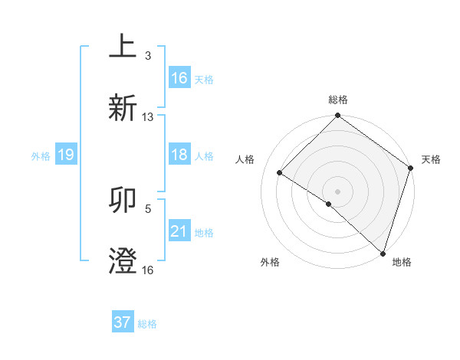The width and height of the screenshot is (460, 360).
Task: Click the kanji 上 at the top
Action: pyautogui.click(x=123, y=47)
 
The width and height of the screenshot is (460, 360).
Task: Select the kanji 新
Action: pyautogui.click(x=123, y=107)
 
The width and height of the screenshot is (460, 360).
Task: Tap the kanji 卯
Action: pyautogui.click(x=123, y=201)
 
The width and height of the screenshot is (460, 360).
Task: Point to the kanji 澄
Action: pyautogui.click(x=123, y=261)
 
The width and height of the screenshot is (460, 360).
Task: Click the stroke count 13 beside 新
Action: pyautogui.click(x=148, y=117)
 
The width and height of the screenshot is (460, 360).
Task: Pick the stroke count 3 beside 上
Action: pyautogui.click(x=148, y=56)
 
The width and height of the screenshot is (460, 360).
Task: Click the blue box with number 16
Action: pyautogui.click(x=179, y=78)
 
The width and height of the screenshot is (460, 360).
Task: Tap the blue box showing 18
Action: pyautogui.click(x=179, y=155)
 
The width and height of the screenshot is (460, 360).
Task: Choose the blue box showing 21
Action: pyautogui.click(x=179, y=231)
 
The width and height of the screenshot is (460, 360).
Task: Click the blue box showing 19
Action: pyautogui.click(x=66, y=155)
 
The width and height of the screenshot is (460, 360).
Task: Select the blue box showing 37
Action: pyautogui.click(x=123, y=322)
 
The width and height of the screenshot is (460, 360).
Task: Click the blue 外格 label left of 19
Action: pyautogui.click(x=41, y=156)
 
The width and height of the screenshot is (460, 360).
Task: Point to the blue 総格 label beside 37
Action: pyautogui.click(x=147, y=324)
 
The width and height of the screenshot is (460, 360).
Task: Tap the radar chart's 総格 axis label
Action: pyautogui.click(x=338, y=100)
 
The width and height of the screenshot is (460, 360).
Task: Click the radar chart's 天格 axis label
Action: pyautogui.click(x=431, y=159)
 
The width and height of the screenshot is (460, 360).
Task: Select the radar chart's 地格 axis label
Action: pyautogui.click(x=402, y=262)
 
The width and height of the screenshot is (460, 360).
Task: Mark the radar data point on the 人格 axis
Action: pyautogui.click(x=280, y=173)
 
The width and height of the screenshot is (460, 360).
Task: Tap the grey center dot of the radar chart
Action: pyautogui.click(x=337, y=191)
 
